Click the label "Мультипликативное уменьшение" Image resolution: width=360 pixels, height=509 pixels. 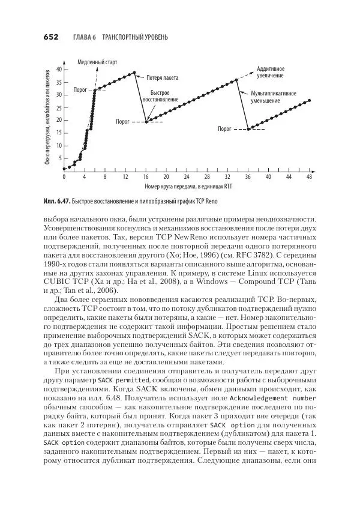tap(274, 98)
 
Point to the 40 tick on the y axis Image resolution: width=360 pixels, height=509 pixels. tap(58, 70)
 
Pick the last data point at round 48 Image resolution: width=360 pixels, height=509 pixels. tap(310, 101)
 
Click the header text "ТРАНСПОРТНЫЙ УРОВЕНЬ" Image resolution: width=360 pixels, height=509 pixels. tap(135, 37)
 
